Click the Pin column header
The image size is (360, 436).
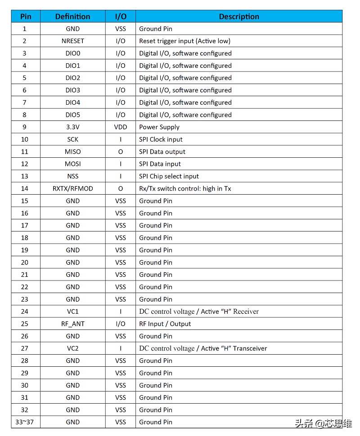point(26,17)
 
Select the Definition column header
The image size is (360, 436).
point(72,17)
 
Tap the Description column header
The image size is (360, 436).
point(239,17)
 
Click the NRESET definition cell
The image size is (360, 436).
point(72,41)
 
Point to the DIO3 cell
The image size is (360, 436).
point(72,90)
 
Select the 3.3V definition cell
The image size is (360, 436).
point(72,127)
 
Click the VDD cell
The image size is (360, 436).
point(121,127)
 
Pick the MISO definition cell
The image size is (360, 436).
point(72,152)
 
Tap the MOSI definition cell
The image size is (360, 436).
point(72,164)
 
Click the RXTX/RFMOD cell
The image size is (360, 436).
point(72,189)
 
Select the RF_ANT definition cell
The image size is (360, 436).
point(72,324)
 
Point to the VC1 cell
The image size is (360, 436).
point(72,311)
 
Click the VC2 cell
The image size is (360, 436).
point(72,348)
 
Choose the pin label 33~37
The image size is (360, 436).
point(25,422)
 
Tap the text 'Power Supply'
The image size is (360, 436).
point(159,127)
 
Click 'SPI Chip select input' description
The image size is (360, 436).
point(169,177)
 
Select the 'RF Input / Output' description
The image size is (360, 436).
point(165,324)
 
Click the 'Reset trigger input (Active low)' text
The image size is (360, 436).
point(184,41)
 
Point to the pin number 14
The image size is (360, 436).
point(25,189)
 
